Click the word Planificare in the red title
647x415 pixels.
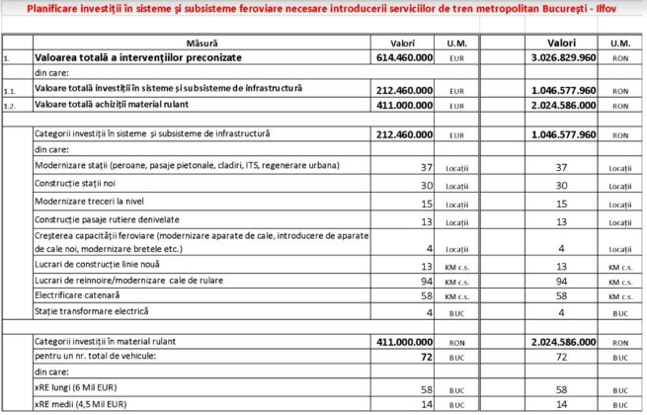coord(43,10)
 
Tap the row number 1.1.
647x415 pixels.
coord(12,90)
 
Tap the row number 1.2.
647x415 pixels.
coord(12,105)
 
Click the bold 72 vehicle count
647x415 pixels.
coord(426,353)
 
